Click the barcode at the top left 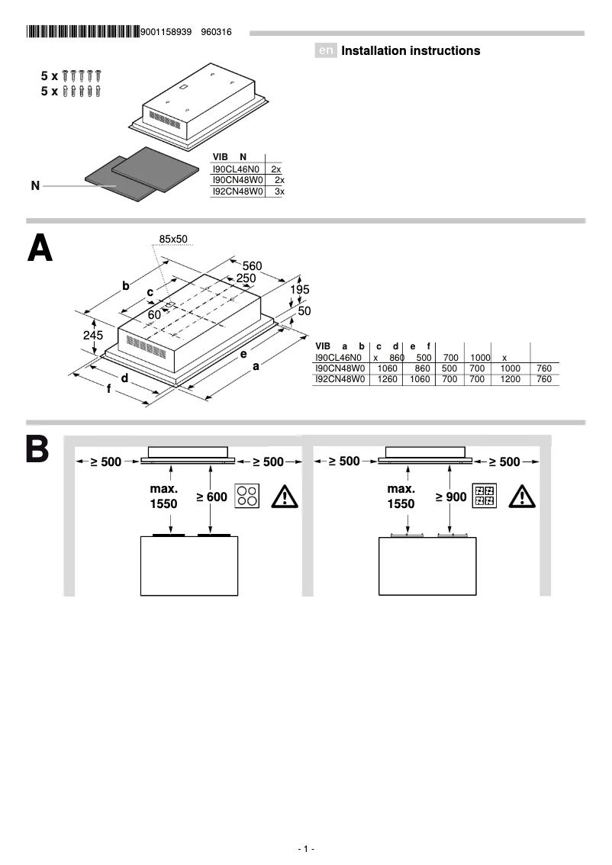point(82,32)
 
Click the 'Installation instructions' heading point(411,51)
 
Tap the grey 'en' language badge point(326,51)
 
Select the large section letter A point(40,248)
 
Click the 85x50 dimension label point(173,240)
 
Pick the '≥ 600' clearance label point(211,497)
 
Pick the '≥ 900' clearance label point(450,497)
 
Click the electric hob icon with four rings point(247,497)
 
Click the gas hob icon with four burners point(485,497)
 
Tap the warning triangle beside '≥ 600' point(284,497)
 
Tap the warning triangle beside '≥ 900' point(522,497)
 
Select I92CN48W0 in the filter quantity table point(237,192)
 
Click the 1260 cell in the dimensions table point(388,379)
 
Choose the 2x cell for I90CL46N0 point(276,168)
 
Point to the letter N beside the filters point(35,185)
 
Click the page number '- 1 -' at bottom point(306,849)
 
